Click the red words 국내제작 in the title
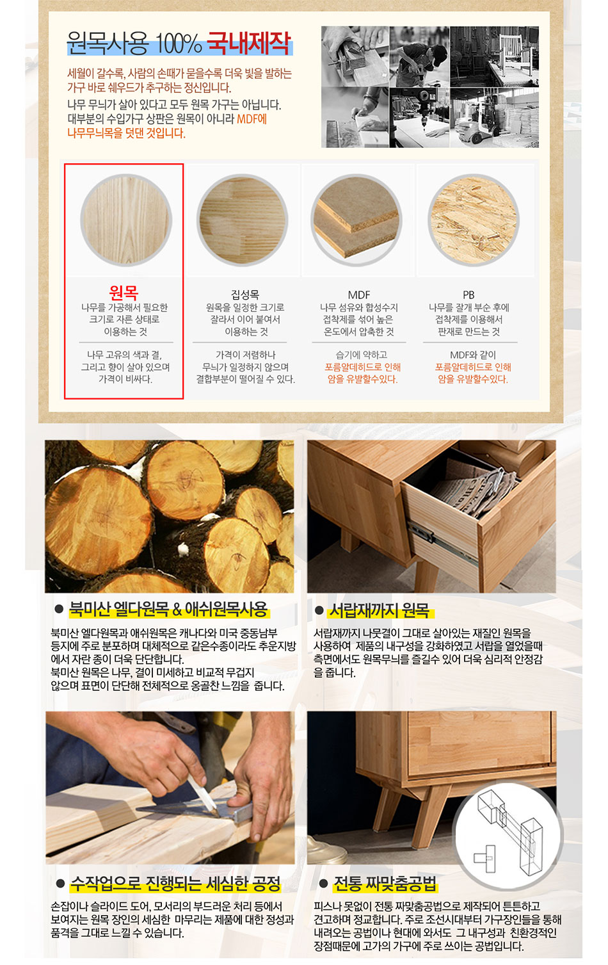point(250,43)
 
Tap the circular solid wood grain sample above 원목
point(126,220)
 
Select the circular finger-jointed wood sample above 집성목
point(243,220)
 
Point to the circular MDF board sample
point(356,220)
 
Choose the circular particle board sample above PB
point(473,220)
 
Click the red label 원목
point(124,293)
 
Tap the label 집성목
point(245,295)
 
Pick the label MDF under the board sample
point(358,295)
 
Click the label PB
point(468,295)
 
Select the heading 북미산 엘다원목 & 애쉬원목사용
point(169,609)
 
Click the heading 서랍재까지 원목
point(380,610)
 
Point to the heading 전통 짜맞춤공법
point(385,884)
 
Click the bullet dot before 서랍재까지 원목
point(319,610)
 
